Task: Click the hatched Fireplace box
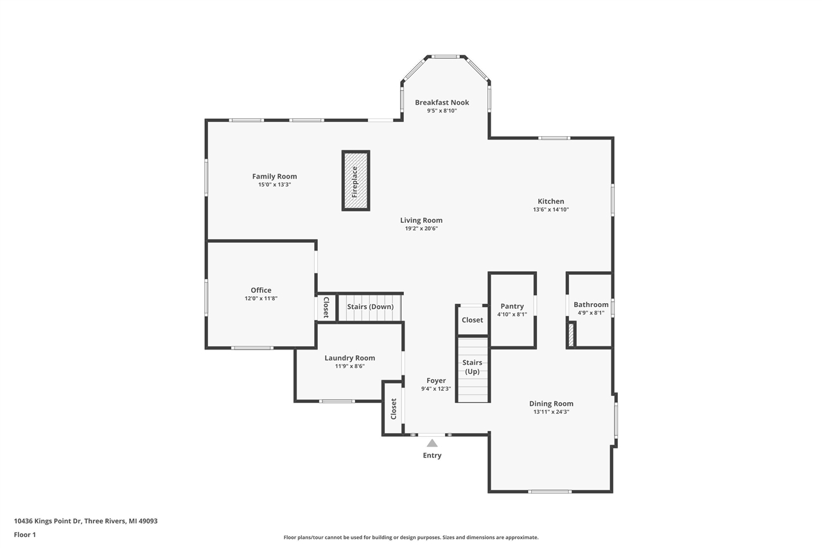coord(355,181)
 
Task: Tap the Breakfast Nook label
coord(442,102)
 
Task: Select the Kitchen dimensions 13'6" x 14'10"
coord(551,209)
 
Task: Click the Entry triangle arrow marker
coord(432,443)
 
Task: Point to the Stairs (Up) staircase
coord(473,371)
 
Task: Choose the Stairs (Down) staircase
coord(370,307)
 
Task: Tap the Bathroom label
coord(591,305)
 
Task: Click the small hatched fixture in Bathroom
coord(570,335)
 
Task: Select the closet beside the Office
coord(326,307)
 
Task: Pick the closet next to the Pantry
coord(472,320)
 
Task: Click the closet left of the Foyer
coord(393,409)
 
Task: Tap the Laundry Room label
coord(349,358)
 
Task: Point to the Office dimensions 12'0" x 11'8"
coord(261,298)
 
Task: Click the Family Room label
coord(274,176)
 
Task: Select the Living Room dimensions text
coord(421,228)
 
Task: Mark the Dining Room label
coord(551,403)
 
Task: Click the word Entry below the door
coord(432,455)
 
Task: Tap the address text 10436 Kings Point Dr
coord(48,521)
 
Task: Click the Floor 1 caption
coord(24,535)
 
